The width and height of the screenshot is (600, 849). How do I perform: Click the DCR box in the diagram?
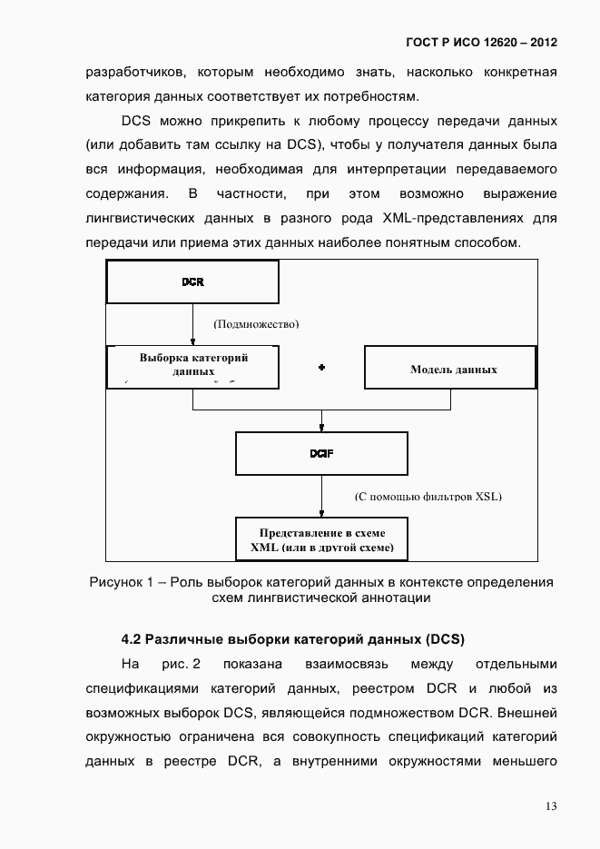192,281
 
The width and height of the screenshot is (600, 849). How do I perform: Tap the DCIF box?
321,454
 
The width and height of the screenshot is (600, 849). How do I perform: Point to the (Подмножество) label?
256,324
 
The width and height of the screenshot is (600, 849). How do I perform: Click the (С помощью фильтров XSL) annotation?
428,497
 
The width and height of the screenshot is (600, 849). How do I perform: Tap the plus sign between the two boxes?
321,368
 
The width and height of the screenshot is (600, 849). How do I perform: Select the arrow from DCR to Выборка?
192,324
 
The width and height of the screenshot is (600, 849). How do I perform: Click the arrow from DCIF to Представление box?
321,497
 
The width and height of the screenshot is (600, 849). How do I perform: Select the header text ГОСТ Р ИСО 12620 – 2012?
481,43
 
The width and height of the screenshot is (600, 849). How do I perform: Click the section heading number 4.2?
132,638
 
